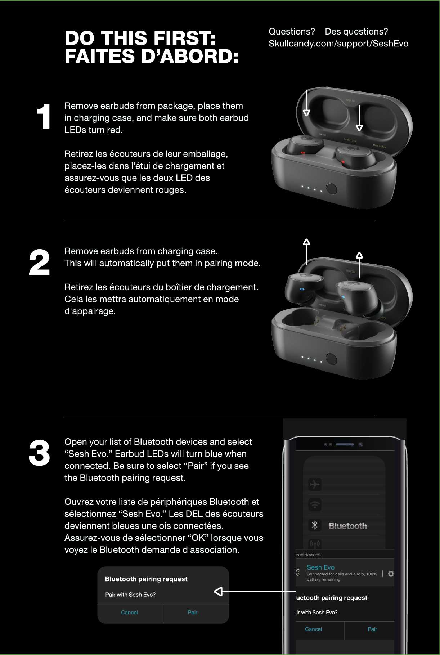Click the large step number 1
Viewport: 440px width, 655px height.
coord(44,116)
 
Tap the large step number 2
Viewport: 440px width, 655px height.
coord(39,263)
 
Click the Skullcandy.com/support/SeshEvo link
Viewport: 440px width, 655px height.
coord(338,44)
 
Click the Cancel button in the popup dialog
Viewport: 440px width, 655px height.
coord(130,613)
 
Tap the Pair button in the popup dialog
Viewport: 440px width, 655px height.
coord(193,613)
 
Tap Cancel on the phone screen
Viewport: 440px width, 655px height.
coord(314,629)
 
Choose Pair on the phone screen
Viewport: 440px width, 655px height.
coord(372,629)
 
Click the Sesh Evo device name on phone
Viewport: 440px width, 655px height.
coord(320,567)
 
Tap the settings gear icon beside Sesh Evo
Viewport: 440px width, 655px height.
coord(391,574)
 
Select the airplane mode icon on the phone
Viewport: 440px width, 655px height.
coord(315,484)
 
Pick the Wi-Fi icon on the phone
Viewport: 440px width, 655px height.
coord(315,505)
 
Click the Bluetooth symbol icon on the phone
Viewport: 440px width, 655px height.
coord(315,525)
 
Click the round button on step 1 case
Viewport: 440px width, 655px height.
coord(331,188)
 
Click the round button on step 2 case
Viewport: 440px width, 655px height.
coord(331,359)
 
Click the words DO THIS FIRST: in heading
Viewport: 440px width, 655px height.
coord(140,38)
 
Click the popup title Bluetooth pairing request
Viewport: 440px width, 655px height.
coord(146,579)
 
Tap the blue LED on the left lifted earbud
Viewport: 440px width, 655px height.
coord(302,289)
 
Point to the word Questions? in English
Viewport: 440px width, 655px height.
coord(292,32)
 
